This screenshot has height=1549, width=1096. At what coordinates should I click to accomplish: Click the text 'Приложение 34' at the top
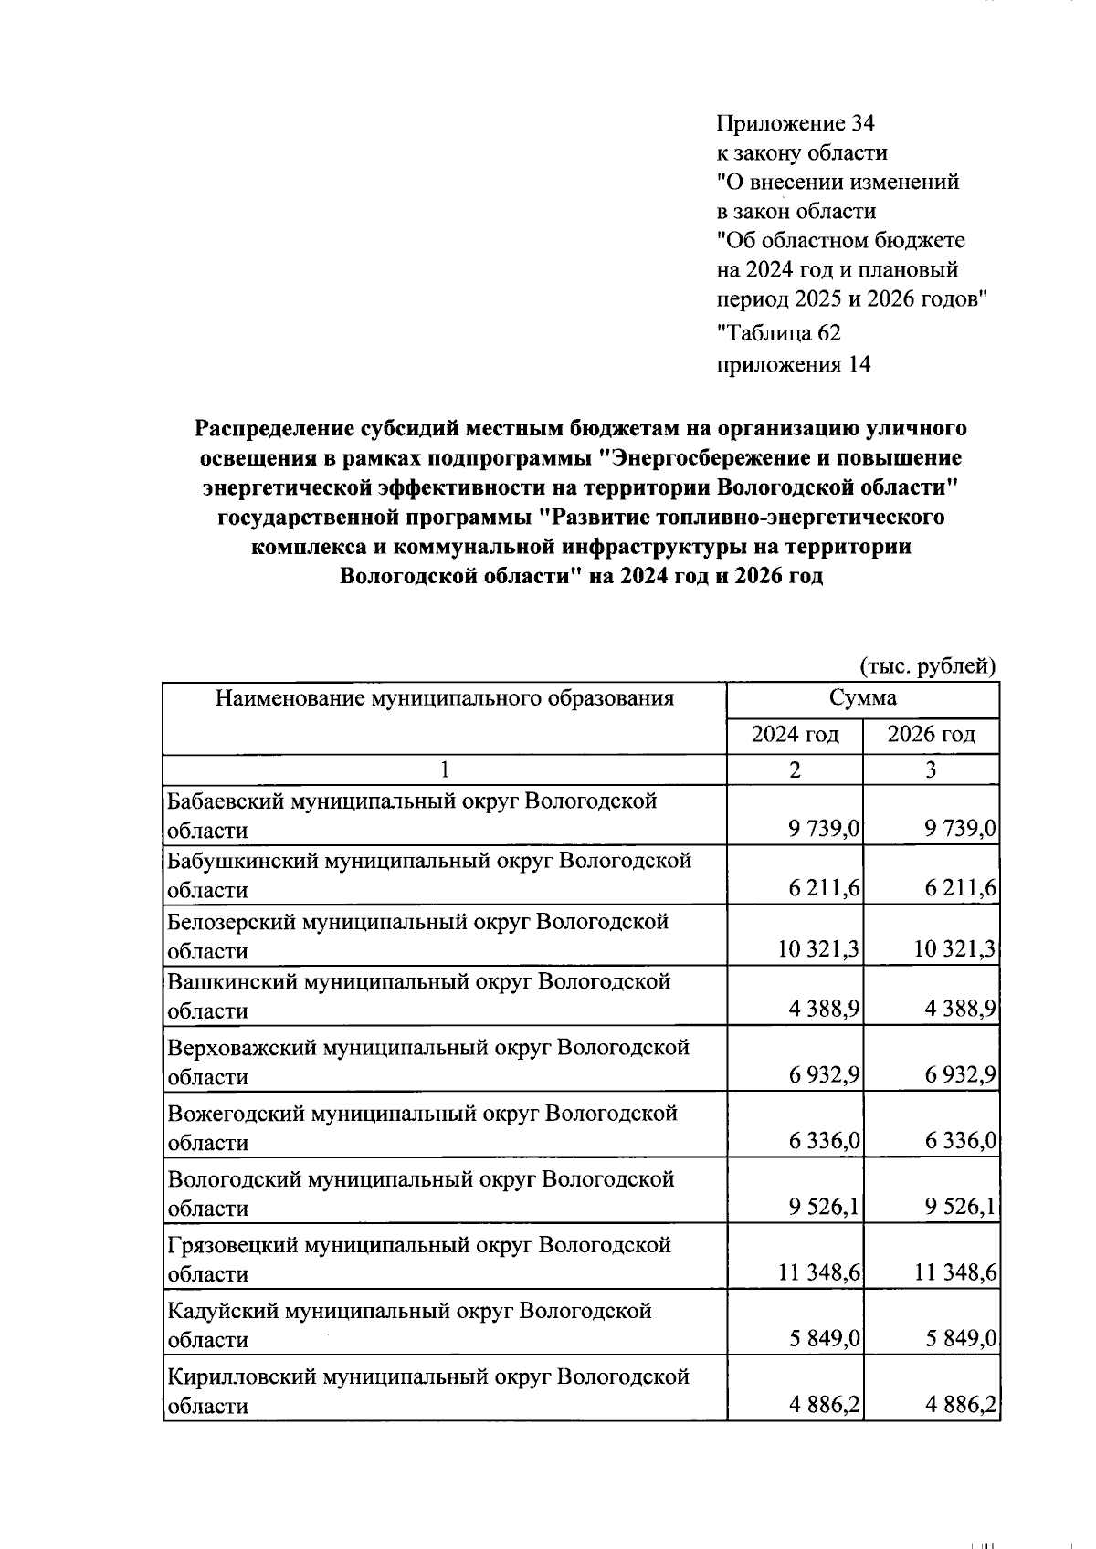[x=796, y=123]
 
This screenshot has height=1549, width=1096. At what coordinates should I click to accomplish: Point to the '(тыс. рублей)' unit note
[x=927, y=665]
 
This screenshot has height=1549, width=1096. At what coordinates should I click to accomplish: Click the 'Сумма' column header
[x=862, y=698]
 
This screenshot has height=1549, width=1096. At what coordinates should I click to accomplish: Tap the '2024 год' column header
[x=795, y=734]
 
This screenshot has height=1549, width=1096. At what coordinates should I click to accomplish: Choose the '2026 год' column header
[x=931, y=734]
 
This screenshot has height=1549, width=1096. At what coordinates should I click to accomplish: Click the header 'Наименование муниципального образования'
[x=445, y=698]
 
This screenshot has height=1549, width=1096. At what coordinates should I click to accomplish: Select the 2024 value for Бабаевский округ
[x=825, y=830]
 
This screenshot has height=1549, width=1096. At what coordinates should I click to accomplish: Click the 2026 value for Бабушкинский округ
[x=960, y=890]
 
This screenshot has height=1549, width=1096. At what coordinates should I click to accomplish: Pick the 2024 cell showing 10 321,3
[x=818, y=950]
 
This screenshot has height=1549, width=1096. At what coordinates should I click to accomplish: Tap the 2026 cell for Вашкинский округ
[x=960, y=1010]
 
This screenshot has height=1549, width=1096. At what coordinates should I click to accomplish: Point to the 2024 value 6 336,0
[x=825, y=1142]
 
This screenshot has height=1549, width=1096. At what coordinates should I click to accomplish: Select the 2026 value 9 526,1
[x=960, y=1208]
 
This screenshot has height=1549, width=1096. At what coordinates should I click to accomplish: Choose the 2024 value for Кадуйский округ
[x=825, y=1339]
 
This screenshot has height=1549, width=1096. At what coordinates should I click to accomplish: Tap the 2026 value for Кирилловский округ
[x=960, y=1405]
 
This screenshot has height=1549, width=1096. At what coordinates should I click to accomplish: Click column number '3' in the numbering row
[x=930, y=769]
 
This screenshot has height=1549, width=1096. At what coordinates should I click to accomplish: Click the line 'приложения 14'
[x=793, y=365]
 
